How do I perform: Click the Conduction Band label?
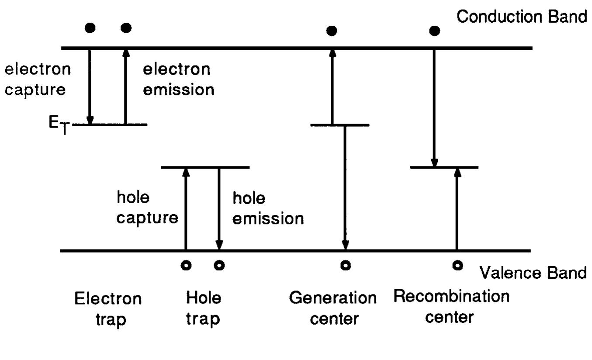pos(521,17)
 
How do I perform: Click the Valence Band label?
pos(533,273)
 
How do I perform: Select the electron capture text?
pos(37,79)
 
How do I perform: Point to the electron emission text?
pos(179,79)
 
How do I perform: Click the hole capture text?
pos(147,208)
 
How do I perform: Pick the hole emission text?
pos(267,208)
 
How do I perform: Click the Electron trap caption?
pos(108,309)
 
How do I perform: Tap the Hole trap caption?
pos(204,308)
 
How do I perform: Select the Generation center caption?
pos(332,308)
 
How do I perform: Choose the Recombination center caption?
pos(451,306)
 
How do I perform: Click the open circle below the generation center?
pos(345,265)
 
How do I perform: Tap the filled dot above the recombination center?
pos(434,31)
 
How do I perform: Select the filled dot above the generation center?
pos(332,31)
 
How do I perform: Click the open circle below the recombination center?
pos(457,265)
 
